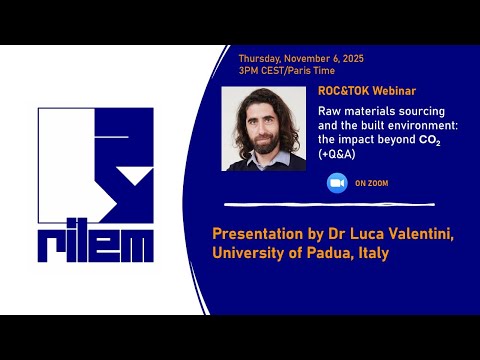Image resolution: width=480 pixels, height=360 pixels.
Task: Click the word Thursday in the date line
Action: (x=257, y=58)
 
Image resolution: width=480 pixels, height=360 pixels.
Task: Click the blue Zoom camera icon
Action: (x=335, y=183)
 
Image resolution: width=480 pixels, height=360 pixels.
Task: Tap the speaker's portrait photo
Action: (x=264, y=128)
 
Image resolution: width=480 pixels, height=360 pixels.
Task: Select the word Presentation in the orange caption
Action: (x=259, y=234)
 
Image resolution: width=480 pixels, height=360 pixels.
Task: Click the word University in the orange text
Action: (x=249, y=254)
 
